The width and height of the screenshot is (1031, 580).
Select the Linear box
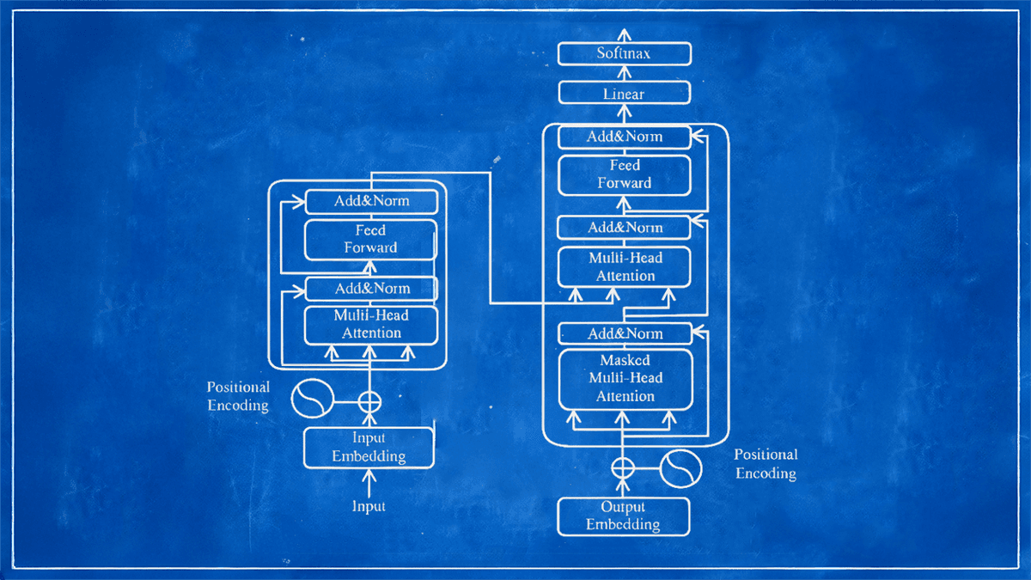tap(624, 94)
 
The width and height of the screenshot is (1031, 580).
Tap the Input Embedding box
tap(369, 448)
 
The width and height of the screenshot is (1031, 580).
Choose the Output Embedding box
tap(624, 516)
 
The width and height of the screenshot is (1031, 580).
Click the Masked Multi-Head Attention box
tap(625, 378)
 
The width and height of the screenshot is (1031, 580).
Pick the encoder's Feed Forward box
tap(371, 239)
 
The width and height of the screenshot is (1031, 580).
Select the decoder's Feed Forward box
tap(625, 174)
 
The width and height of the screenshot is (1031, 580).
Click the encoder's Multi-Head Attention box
tap(371, 324)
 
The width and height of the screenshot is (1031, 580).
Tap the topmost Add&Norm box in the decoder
tap(625, 137)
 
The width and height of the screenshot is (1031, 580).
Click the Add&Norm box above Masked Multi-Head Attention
tap(625, 333)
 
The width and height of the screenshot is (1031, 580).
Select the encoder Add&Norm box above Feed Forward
tap(371, 202)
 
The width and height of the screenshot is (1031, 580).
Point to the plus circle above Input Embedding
tap(369, 400)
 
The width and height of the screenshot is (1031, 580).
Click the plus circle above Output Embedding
tap(623, 467)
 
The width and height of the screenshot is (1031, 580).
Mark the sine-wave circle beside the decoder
tap(681, 467)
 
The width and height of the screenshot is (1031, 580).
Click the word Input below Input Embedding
tap(369, 507)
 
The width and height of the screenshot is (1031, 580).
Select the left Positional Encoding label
tap(238, 396)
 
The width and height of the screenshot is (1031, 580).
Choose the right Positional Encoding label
tap(766, 464)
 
